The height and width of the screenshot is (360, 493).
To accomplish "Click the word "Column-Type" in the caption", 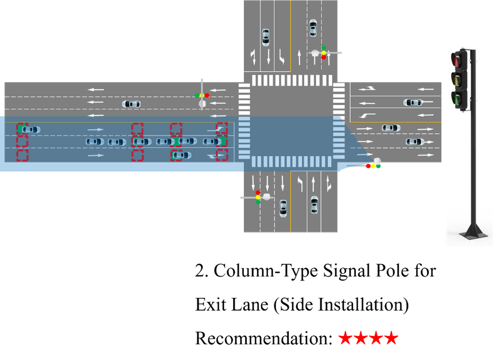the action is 266,270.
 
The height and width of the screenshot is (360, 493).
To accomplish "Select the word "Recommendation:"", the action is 264,338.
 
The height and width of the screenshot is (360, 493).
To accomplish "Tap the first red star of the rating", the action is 346,338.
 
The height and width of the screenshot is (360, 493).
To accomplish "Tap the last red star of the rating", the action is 391,338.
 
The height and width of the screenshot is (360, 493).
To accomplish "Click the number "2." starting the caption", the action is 201,270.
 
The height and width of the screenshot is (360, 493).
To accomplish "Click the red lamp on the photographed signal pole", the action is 456,59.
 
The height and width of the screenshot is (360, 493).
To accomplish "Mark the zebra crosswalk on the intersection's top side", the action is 292,80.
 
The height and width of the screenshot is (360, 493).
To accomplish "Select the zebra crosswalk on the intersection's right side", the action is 339,121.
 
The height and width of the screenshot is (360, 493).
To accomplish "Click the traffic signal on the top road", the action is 324,52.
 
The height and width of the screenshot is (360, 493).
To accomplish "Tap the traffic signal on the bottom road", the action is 258,197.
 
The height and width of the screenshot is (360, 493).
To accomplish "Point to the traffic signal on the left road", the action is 202,95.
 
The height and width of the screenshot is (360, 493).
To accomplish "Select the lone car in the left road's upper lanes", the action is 131,104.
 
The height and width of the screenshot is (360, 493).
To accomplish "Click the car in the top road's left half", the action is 266,38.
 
